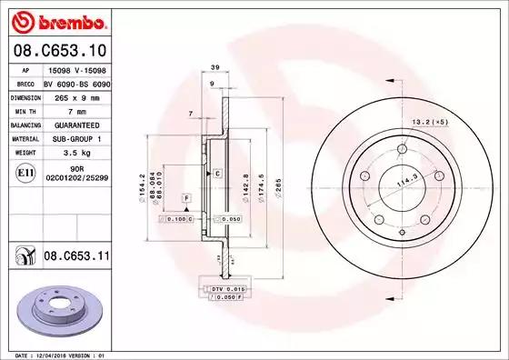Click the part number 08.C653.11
[x=76, y=257]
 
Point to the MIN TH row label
[x=24, y=109]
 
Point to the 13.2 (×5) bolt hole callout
[x=433, y=121]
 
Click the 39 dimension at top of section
[x=215, y=68]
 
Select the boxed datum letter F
[x=185, y=197]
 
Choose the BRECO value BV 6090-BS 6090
[x=76, y=82]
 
